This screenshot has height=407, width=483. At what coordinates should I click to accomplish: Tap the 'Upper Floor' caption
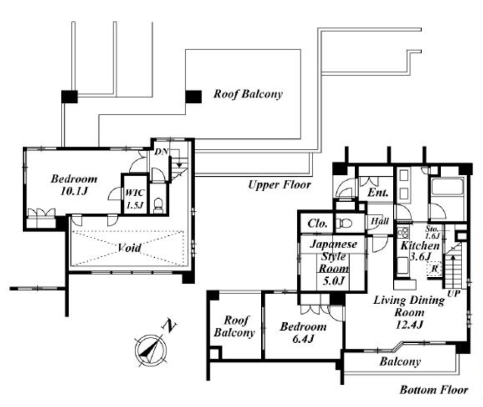click(279, 185)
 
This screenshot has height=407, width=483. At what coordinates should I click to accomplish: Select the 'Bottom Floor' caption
click(434, 390)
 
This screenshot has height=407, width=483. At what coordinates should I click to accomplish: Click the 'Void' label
click(129, 248)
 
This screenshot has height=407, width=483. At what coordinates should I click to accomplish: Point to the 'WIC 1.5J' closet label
click(134, 199)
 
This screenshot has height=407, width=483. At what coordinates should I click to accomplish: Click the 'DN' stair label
click(161, 151)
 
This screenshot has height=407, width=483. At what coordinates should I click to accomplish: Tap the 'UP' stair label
click(454, 293)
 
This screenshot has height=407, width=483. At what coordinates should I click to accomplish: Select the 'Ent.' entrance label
click(378, 192)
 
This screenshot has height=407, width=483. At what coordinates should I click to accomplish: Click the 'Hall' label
click(380, 221)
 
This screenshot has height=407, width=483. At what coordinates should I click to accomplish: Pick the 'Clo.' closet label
click(317, 224)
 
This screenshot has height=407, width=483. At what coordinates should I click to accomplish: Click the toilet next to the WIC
click(158, 205)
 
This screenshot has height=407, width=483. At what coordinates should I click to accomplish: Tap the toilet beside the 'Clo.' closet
click(342, 222)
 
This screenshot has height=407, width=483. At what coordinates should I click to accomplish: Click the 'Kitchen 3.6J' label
click(420, 251)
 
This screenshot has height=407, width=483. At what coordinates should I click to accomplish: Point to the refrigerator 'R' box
click(434, 269)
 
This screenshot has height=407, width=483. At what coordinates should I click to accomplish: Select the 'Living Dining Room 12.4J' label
click(409, 312)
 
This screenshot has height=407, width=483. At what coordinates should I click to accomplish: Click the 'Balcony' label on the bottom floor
click(400, 361)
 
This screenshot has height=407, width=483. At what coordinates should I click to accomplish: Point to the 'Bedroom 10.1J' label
click(74, 185)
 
